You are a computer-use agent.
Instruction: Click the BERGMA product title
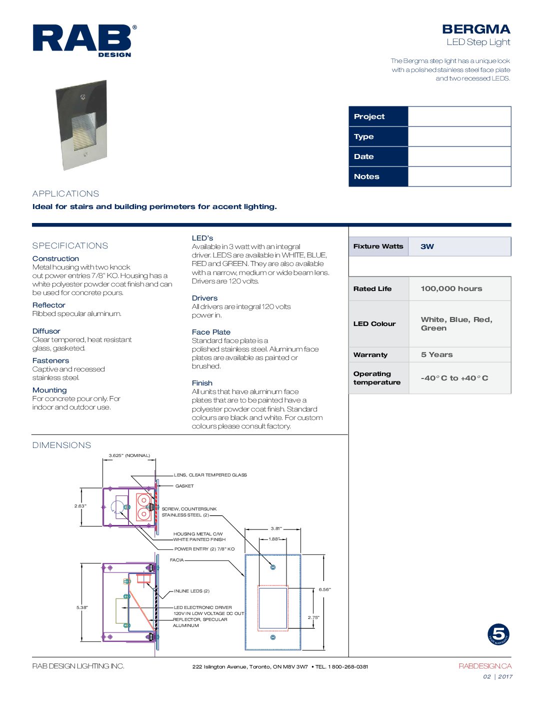[x=475, y=29]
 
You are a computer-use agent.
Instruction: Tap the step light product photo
[x=82, y=125]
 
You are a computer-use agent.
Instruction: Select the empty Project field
[x=459, y=116]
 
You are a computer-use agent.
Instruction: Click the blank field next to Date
[x=459, y=156]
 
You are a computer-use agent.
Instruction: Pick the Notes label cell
[x=378, y=176]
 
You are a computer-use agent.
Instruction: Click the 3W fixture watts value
[x=427, y=246]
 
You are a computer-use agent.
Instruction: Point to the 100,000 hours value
[x=451, y=288]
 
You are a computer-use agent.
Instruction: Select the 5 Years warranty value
[x=436, y=354]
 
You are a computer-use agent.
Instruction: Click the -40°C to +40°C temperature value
[x=454, y=378]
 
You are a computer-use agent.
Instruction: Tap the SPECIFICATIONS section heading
[x=70, y=245]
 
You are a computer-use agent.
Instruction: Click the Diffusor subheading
[x=46, y=331]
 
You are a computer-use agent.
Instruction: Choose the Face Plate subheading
[x=211, y=332]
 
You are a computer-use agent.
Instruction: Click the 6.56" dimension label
[x=324, y=589]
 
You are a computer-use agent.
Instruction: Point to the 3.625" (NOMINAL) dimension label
[x=129, y=455]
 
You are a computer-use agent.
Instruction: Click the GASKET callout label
[x=184, y=486]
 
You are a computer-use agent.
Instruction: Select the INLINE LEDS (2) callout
[x=191, y=591]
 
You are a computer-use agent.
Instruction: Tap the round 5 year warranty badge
[x=498, y=634]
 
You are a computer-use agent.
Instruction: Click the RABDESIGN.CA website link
[x=484, y=666]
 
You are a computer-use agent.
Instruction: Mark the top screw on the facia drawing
[x=273, y=567]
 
